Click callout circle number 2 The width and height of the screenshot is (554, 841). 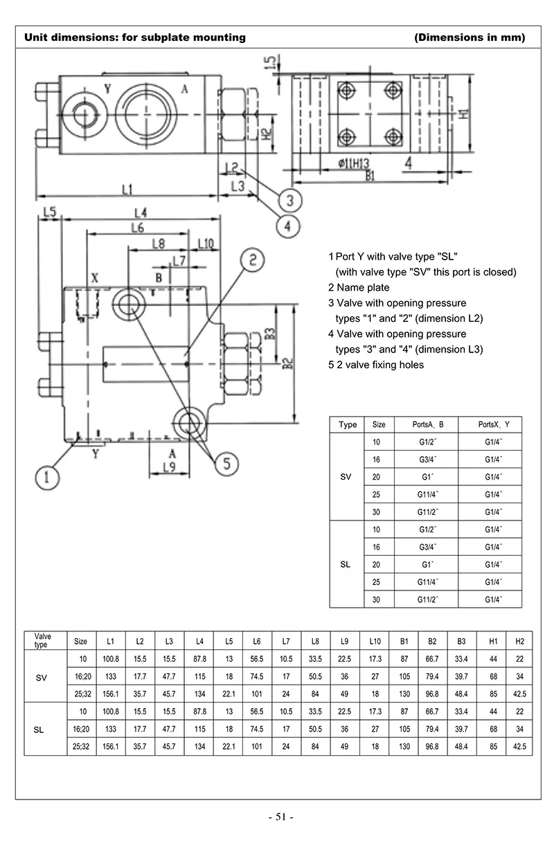(x=253, y=260)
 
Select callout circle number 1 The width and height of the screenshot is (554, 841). (x=48, y=476)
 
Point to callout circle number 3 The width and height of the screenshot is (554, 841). (x=291, y=201)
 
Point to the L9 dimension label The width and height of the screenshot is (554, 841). (x=169, y=467)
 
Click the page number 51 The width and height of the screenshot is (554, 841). (x=281, y=817)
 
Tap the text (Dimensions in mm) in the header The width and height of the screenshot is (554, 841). (x=470, y=37)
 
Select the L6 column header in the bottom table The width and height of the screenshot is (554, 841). (x=257, y=641)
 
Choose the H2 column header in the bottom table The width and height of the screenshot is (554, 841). (x=519, y=641)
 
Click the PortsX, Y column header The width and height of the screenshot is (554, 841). (x=492, y=424)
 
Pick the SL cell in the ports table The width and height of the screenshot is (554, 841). (x=346, y=564)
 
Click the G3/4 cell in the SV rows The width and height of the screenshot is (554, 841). (x=427, y=459)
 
